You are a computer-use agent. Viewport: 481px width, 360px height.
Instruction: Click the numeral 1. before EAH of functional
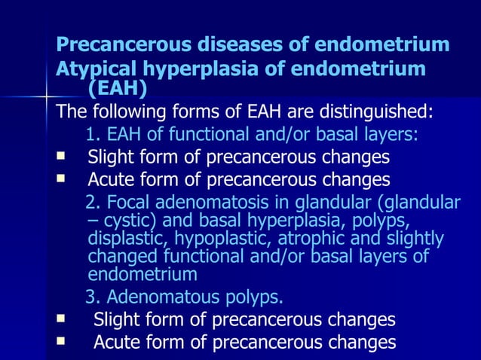tap(93, 136)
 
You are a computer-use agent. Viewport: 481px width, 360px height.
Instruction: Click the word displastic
tap(124, 239)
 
